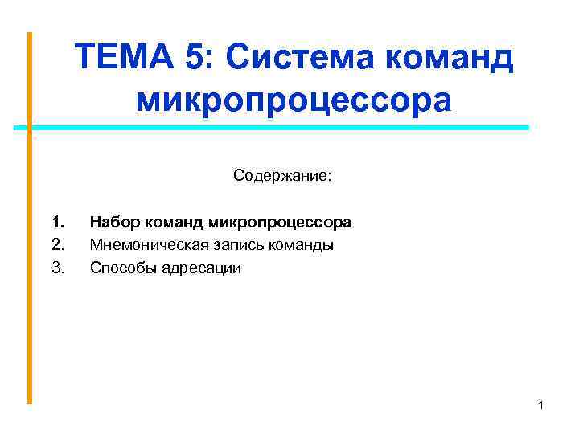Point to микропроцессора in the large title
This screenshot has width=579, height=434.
coord(294,100)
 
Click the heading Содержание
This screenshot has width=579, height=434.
coord(281,175)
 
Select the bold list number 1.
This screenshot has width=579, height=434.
coord(56,221)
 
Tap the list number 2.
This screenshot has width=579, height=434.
coord(56,244)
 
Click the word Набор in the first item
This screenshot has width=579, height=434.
coord(113,221)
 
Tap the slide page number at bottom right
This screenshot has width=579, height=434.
coord(541,406)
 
